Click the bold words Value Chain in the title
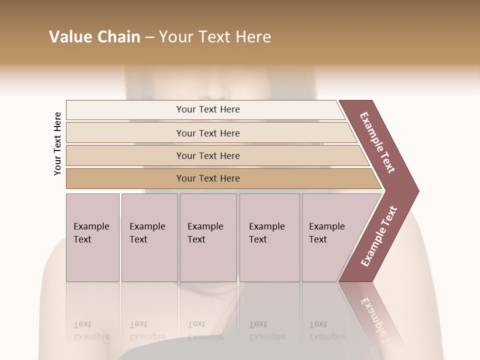94,37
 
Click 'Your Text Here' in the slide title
215,37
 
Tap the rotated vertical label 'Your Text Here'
57,143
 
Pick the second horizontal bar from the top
208,133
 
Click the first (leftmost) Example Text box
92,237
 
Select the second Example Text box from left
149,237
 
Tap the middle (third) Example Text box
207,237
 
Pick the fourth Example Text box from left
269,237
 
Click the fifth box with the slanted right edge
330,237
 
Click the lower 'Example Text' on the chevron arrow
378,236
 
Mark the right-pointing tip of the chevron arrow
417,191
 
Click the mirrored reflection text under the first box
91,330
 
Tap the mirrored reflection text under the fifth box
326,330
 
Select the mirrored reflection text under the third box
205,330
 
